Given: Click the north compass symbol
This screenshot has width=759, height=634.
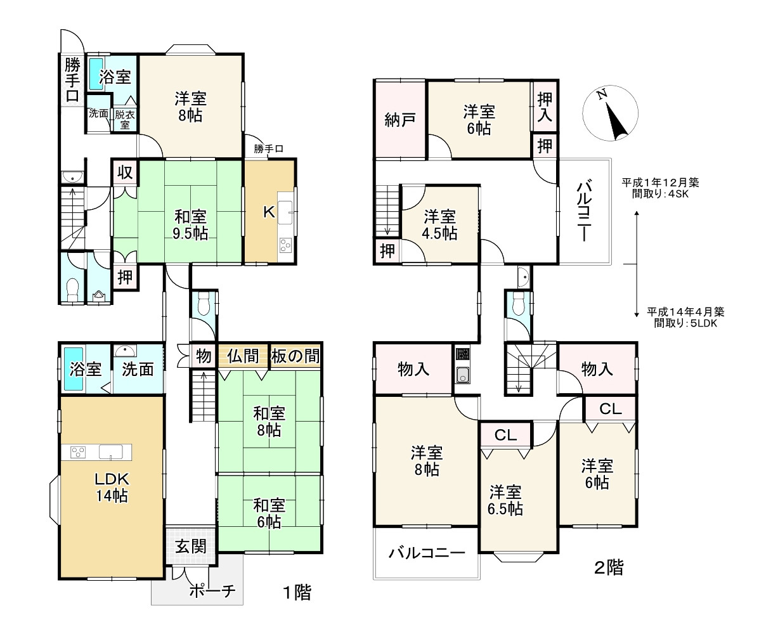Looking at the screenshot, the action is pyautogui.click(x=611, y=113).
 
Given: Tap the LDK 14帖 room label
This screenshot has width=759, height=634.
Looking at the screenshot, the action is pyautogui.click(x=112, y=488).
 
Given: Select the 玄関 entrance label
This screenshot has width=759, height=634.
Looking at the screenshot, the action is pyautogui.click(x=191, y=547).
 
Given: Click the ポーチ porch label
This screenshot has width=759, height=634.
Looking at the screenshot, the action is pyautogui.click(x=212, y=590).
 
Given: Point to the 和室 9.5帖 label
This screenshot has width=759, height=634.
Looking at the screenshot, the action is pyautogui.click(x=191, y=225).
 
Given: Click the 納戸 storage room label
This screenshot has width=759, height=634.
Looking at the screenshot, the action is pyautogui.click(x=400, y=120).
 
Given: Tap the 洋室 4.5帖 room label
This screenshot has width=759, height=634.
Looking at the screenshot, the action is pyautogui.click(x=439, y=224).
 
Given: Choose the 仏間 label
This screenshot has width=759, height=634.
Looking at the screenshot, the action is pyautogui.click(x=243, y=356).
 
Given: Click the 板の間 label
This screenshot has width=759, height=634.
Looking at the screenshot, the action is pyautogui.click(x=295, y=356).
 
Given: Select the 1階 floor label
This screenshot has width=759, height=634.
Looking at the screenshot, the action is pyautogui.click(x=296, y=592).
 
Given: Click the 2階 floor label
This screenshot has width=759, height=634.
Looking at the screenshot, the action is pyautogui.click(x=609, y=567).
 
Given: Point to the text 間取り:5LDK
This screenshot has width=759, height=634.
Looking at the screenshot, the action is pyautogui.click(x=685, y=323).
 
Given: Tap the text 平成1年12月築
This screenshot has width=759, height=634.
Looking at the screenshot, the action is pyautogui.click(x=660, y=183).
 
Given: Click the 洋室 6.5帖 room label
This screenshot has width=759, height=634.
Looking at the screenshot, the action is pyautogui.click(x=506, y=500).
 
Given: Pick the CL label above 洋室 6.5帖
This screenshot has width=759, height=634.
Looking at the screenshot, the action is pyautogui.click(x=505, y=435).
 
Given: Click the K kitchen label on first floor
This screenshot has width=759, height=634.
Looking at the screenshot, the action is pyautogui.click(x=269, y=212).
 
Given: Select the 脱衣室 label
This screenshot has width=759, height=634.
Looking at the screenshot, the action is pyautogui.click(x=124, y=119).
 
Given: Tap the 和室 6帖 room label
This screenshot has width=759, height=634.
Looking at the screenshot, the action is pyautogui.click(x=269, y=514).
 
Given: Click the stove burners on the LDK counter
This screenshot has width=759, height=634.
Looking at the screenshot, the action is pyautogui.click(x=78, y=453).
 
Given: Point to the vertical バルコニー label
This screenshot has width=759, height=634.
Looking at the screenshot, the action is pyautogui.click(x=584, y=210).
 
